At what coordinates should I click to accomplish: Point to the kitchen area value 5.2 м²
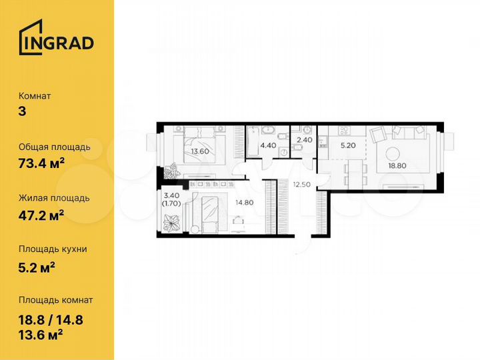pos(37,266)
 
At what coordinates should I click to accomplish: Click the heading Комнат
pos(35,95)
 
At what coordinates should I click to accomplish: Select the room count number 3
pos(23,111)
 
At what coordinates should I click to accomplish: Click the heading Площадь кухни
pos(53,249)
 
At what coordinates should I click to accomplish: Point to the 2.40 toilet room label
pos(303,140)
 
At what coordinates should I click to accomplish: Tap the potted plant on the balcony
pos(171,221)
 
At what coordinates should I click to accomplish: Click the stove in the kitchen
pos(321,141)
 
